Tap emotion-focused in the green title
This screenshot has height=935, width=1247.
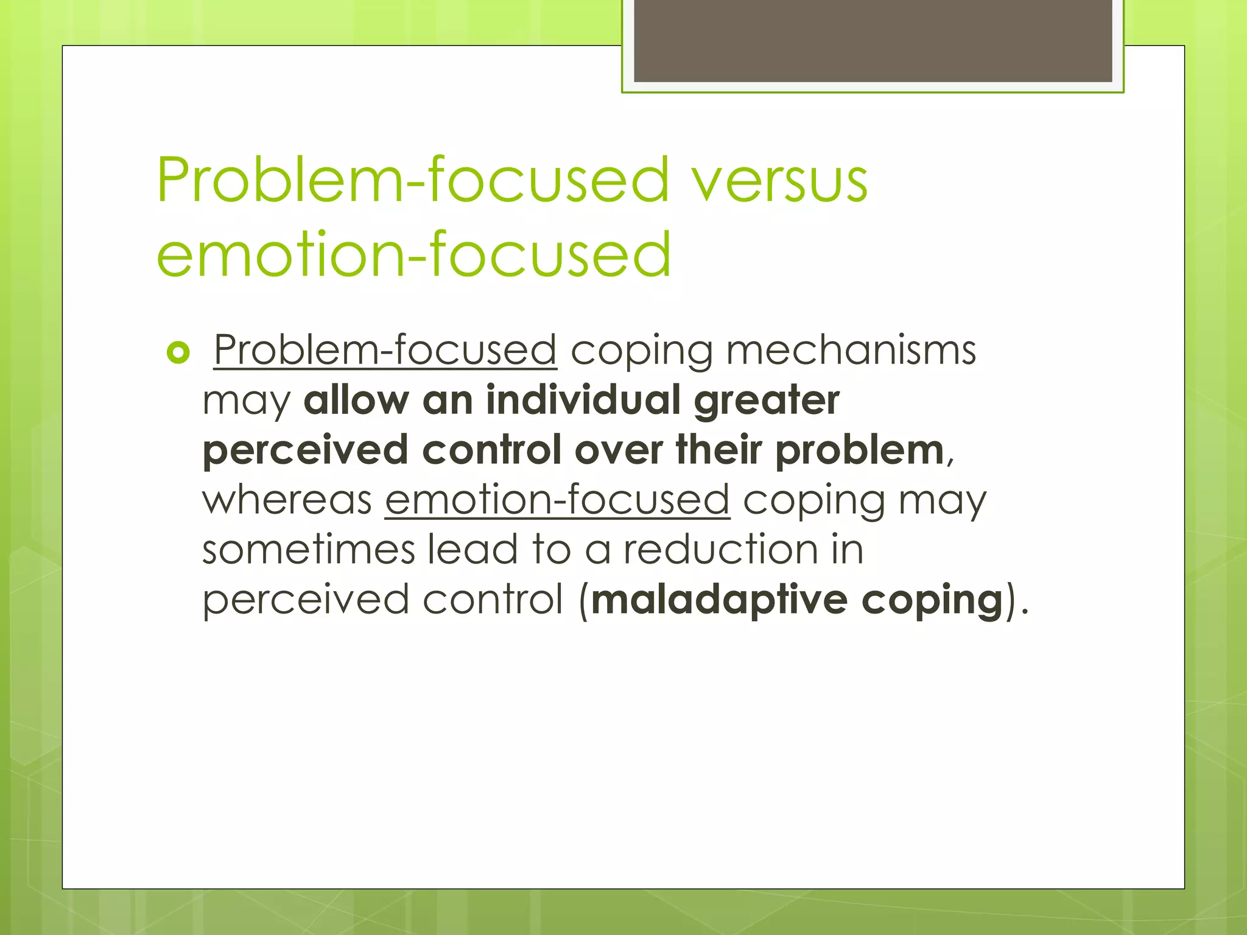(413, 254)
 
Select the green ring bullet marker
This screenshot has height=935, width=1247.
(178, 352)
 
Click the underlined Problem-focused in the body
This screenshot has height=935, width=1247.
(385, 351)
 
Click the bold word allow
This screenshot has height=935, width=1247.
(356, 401)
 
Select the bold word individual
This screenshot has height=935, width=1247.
(583, 401)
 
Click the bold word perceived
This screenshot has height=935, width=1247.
(305, 451)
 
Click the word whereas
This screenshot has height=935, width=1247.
(287, 500)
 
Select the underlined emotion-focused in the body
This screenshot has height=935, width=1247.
(557, 500)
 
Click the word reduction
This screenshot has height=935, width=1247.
(720, 550)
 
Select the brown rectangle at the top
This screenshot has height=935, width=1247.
(873, 40)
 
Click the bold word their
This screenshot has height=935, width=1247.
(718, 450)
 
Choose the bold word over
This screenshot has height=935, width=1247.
(618, 451)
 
